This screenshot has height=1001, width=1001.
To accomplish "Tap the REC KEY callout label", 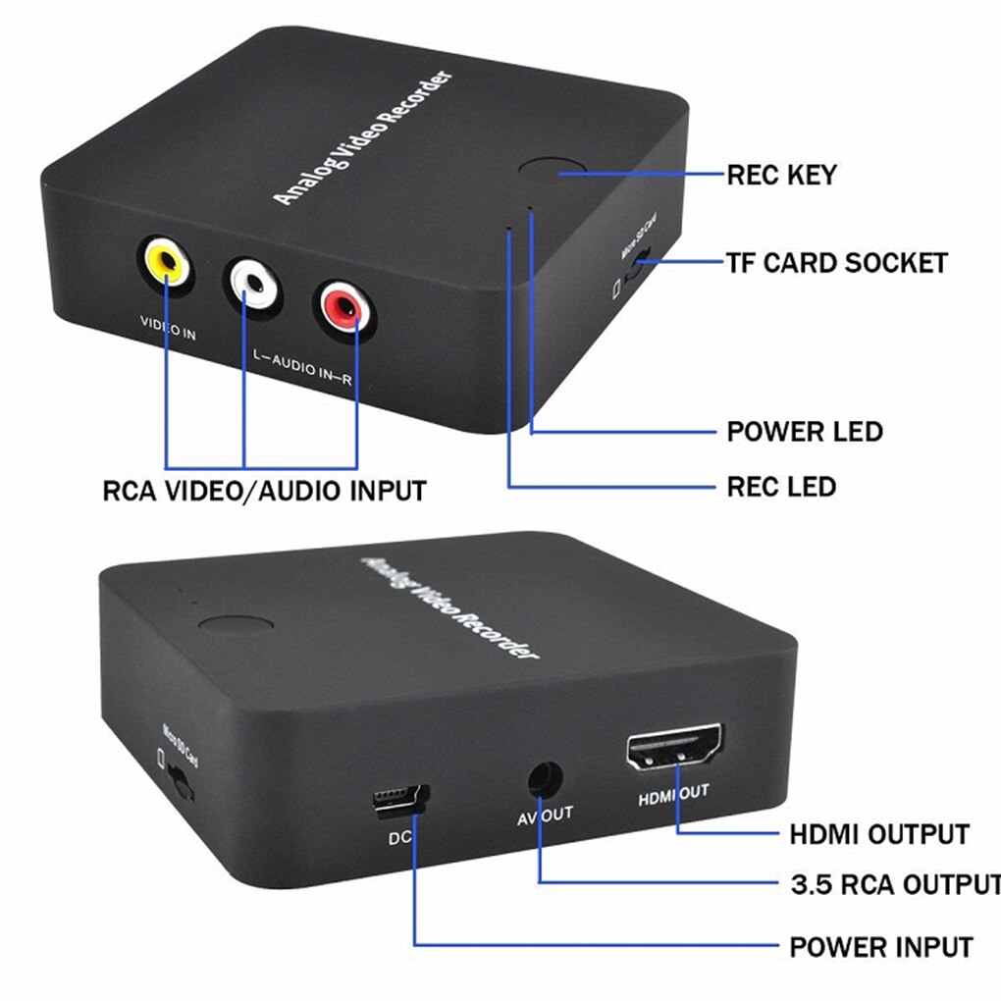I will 781,176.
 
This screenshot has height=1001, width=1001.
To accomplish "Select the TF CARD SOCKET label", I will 836,263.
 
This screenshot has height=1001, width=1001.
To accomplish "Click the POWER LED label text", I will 804,432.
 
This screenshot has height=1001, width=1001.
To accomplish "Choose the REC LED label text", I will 781,486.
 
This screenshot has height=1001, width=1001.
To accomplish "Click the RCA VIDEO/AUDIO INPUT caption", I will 264,490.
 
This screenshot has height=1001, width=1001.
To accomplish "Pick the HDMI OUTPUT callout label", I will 879,834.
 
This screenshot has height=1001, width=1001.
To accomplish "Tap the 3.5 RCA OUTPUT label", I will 894,884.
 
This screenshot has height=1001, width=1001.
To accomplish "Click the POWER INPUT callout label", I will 881,947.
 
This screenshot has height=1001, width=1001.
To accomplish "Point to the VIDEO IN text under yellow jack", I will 168,333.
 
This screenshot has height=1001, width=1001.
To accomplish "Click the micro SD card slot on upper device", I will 639,263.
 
